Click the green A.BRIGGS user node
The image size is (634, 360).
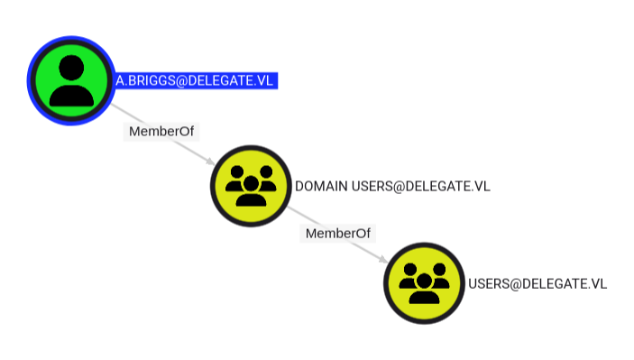[x=71, y=80]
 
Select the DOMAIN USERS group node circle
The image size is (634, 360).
[x=251, y=186]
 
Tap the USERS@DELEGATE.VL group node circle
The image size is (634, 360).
[x=424, y=283]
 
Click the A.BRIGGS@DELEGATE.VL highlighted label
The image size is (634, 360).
[x=195, y=80]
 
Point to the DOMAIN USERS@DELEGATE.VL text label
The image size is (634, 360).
[x=392, y=186]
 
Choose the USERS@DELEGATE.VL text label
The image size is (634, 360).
[x=538, y=283]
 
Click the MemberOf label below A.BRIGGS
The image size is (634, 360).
[x=161, y=131]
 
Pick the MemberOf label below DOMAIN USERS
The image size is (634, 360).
[x=338, y=234]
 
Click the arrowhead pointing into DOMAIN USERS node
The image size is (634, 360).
[x=211, y=162]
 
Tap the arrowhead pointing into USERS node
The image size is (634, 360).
[x=383, y=259]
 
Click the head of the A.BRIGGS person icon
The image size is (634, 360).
[x=71, y=68]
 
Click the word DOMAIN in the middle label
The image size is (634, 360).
[x=321, y=186]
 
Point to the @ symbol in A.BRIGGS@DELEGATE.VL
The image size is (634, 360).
[x=182, y=81]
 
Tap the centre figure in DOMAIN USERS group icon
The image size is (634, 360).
[x=251, y=191]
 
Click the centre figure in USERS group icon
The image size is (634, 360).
[x=424, y=289]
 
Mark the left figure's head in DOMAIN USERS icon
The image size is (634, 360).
[x=237, y=172]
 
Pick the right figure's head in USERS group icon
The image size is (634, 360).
[x=439, y=270]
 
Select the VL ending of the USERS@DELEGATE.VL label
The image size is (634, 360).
[x=599, y=283]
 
